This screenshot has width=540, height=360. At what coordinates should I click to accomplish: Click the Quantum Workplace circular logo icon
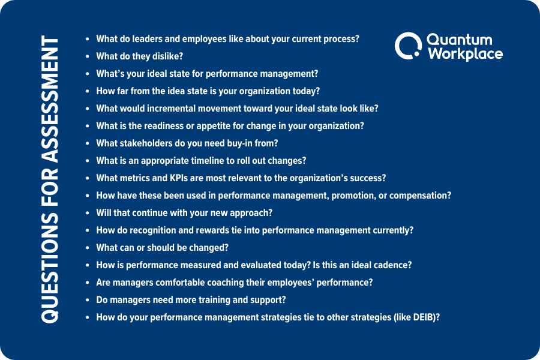[x=407, y=46]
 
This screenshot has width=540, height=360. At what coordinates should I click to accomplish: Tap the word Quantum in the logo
[x=459, y=40]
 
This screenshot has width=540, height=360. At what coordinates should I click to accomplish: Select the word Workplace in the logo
[x=466, y=53]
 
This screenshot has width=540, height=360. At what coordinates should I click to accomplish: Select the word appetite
[x=224, y=126]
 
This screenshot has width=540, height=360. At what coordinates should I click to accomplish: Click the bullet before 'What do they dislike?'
[x=88, y=56]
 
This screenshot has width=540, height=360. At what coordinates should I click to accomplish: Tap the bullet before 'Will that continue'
[x=88, y=213]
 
